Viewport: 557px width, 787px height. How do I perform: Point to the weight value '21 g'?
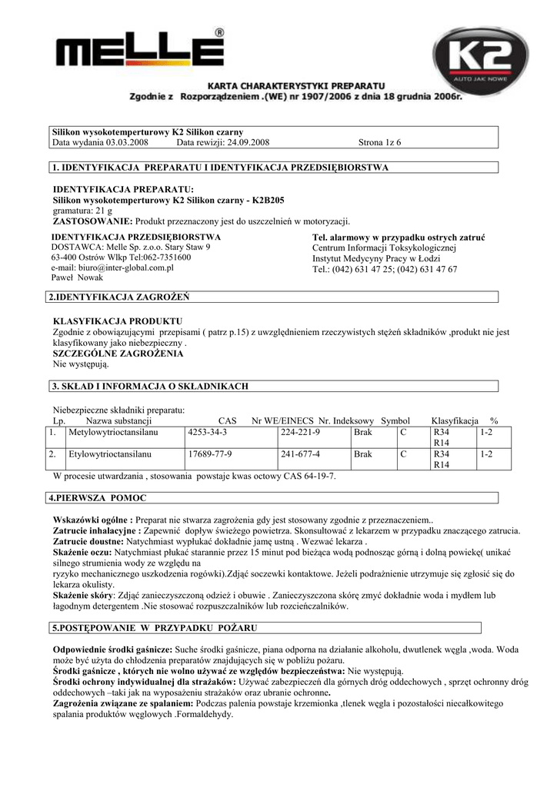[102, 210]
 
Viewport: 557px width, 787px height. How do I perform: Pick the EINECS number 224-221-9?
[301, 433]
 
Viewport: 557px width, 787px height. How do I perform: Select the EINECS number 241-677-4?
[301, 454]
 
